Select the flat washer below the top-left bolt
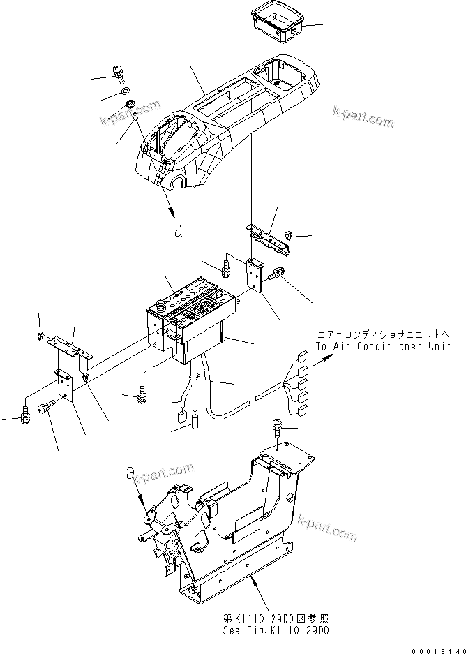tap(123, 91)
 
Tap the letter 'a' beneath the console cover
tap(179, 230)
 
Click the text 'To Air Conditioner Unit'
tap(382, 346)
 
